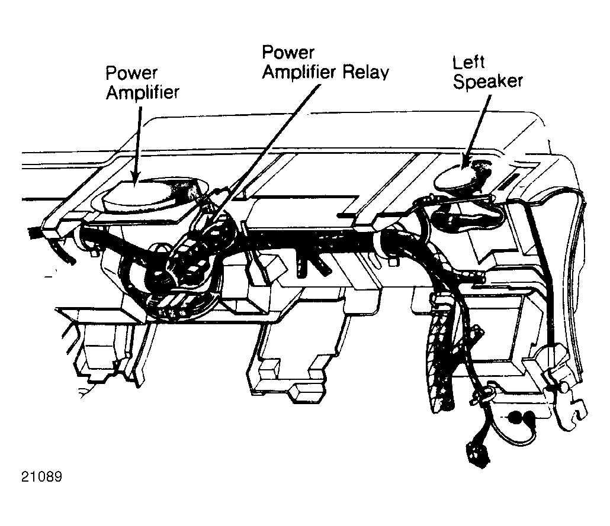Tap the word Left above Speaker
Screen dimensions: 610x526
pyautogui.click(x=468, y=63)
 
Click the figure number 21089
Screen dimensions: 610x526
pyautogui.click(x=41, y=477)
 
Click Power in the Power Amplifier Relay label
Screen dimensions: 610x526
pyautogui.click(x=288, y=53)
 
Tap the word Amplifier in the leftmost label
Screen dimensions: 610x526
pyautogui.click(x=143, y=93)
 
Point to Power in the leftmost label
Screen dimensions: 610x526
pyautogui.click(x=131, y=73)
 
